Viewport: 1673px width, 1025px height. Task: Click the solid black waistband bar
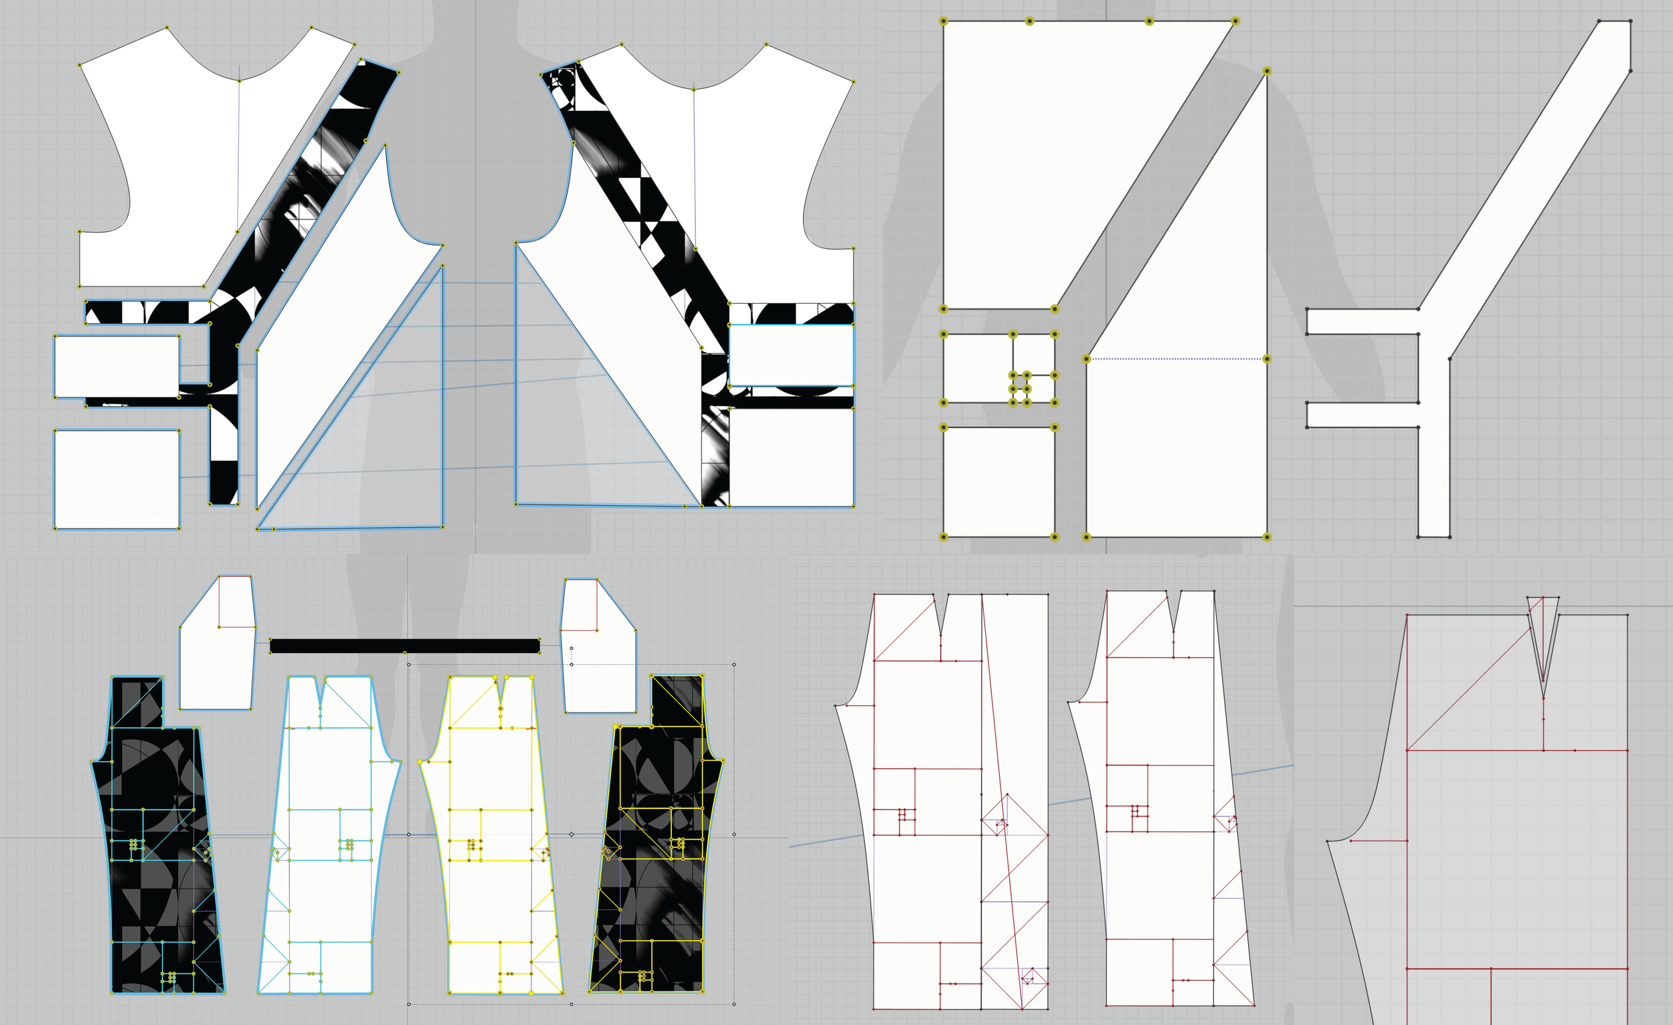[405, 646]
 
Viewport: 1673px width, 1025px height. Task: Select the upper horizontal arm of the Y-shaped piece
[1361, 321]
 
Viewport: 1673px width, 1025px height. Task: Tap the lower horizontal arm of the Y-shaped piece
[1361, 415]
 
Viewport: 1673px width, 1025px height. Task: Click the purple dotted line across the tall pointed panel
[1176, 359]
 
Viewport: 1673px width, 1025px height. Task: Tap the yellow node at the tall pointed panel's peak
[1266, 71]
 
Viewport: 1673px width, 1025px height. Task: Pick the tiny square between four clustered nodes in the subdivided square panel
[1020, 382]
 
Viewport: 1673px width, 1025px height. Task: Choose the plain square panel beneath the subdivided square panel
[998, 482]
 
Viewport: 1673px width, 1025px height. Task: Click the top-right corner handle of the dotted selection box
[734, 664]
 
